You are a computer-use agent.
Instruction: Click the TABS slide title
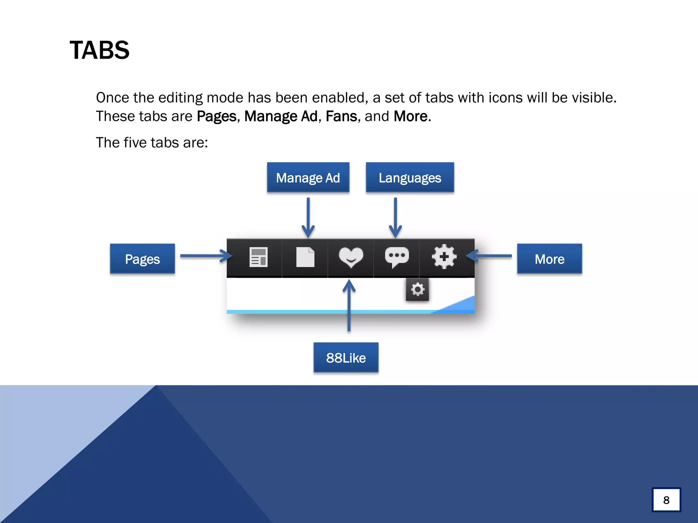(100, 50)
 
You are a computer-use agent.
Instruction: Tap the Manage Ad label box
(308, 178)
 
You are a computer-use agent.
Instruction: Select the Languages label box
(410, 178)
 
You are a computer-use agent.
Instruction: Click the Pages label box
(142, 259)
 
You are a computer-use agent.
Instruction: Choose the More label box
(549, 259)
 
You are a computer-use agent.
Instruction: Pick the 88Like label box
(346, 358)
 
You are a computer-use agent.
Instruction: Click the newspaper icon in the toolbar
(258, 257)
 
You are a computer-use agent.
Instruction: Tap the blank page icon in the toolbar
(305, 257)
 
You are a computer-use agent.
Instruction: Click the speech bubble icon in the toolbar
(397, 257)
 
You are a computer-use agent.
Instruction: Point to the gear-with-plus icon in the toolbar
(444, 257)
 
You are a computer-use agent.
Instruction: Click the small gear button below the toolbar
(418, 290)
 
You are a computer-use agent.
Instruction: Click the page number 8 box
(666, 500)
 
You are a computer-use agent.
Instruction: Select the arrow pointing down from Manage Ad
(308, 218)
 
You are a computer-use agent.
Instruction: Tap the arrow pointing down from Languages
(395, 218)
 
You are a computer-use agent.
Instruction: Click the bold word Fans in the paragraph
(341, 116)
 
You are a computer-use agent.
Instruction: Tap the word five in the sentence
(135, 143)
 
